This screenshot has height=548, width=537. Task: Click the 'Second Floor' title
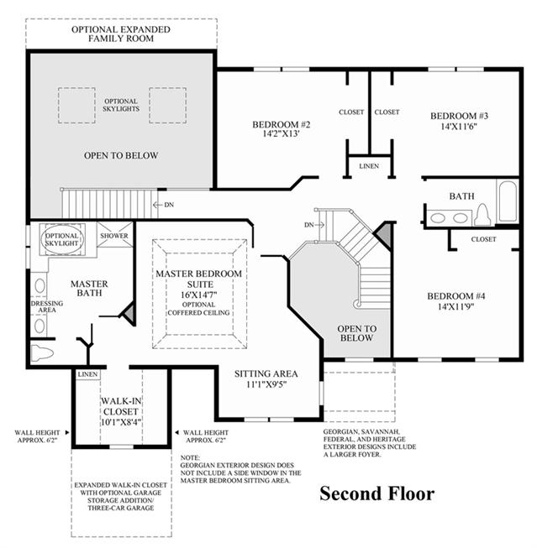click(x=377, y=493)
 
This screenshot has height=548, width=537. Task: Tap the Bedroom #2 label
click(x=281, y=124)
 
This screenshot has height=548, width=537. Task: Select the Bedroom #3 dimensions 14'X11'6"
click(x=459, y=126)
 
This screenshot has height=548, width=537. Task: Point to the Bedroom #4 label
click(x=455, y=296)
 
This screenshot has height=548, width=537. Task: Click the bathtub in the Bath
click(x=508, y=201)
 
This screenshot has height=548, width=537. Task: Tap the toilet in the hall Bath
click(x=482, y=214)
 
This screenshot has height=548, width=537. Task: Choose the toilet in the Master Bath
click(x=42, y=352)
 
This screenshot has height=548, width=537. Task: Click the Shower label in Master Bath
click(x=114, y=236)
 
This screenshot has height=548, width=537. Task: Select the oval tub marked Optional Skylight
click(x=63, y=239)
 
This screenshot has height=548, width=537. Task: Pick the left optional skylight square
click(x=76, y=105)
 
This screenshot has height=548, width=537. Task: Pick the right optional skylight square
click(x=168, y=105)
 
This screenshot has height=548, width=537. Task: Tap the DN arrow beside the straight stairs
click(x=157, y=205)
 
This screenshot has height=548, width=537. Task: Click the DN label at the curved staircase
click(x=308, y=225)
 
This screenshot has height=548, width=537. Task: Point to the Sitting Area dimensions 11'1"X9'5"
click(x=266, y=384)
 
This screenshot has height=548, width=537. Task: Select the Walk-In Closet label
click(x=121, y=406)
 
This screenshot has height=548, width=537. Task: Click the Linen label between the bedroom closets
click(x=369, y=166)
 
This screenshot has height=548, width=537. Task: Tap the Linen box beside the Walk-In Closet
click(x=88, y=374)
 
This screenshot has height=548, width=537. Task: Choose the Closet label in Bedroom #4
click(x=483, y=239)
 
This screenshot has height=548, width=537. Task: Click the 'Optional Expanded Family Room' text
click(x=121, y=34)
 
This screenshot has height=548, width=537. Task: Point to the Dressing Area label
click(x=47, y=306)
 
